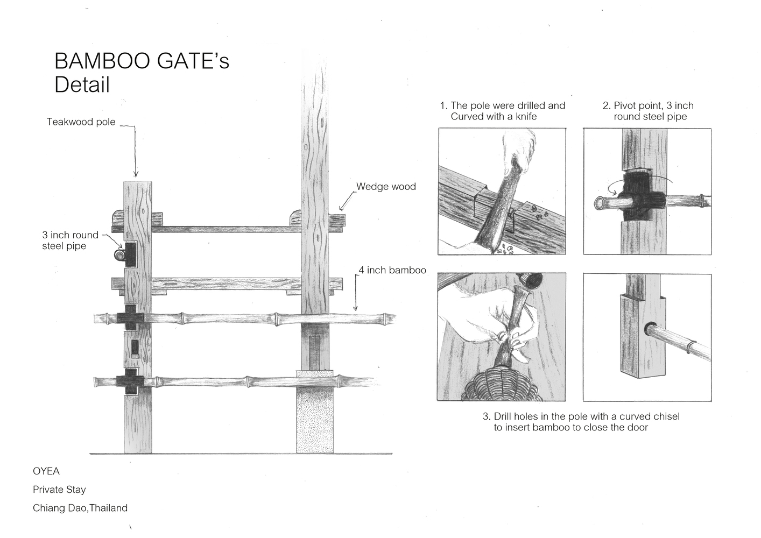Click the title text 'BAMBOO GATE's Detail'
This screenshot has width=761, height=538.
(142, 73)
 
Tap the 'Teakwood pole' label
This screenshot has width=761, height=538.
(81, 122)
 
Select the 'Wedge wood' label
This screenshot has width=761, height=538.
(386, 187)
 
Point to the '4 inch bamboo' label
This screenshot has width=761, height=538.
(392, 270)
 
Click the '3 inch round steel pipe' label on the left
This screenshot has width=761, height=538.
(70, 240)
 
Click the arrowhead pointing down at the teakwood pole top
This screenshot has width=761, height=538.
(136, 173)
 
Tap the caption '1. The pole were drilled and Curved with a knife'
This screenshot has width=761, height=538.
(503, 111)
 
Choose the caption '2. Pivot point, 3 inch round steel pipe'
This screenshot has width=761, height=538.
(649, 111)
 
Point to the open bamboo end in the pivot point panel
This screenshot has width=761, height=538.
(600, 202)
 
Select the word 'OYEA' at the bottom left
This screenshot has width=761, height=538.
(46, 471)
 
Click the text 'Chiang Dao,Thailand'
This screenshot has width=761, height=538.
(80, 508)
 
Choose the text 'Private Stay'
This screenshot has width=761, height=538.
(59, 490)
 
